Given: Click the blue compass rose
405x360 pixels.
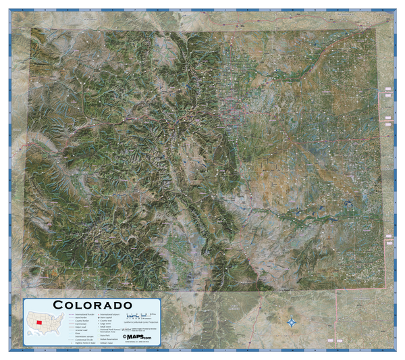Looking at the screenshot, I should tap(292, 323).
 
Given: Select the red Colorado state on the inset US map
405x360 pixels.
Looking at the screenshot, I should tap(39, 322).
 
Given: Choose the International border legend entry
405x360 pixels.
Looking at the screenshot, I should tap(80, 315).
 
